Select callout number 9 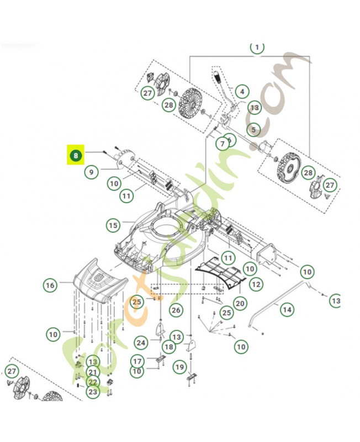(92, 172)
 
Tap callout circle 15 (113, 225)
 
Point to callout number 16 (50, 285)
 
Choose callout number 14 (287, 309)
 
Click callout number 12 (255, 284)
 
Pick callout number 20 (240, 303)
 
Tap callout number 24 (141, 343)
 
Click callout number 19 (179, 366)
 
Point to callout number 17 (137, 361)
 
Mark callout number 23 (92, 392)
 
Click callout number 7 (223, 144)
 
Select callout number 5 (253, 130)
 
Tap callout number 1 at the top (257, 48)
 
